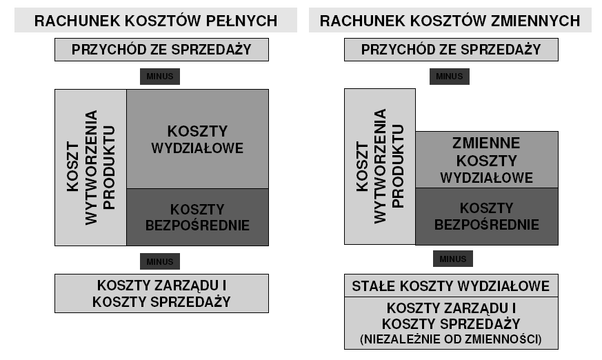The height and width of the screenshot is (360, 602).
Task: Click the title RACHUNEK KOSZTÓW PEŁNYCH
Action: pos(155,21)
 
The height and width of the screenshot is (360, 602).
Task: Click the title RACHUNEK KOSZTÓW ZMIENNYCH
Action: pos(450,21)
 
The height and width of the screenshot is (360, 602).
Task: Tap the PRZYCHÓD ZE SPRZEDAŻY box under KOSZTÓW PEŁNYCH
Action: pos(161,50)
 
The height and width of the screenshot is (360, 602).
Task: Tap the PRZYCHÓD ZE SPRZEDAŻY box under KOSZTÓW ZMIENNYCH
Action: pos(451,50)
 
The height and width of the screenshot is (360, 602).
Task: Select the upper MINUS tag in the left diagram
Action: pos(160,77)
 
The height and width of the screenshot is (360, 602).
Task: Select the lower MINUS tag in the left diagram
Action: pos(160,261)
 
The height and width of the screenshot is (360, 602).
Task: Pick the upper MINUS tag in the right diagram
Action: pos(449,77)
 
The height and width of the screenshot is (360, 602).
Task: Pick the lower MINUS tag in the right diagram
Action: pos(452,259)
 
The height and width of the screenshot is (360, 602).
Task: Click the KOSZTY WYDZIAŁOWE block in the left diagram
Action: pos(197,139)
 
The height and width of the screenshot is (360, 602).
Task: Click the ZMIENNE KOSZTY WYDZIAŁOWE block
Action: pos(487,160)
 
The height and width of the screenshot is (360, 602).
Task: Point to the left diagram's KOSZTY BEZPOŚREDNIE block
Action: pos(197,217)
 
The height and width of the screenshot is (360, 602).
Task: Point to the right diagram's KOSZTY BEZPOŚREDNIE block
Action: pos(487,216)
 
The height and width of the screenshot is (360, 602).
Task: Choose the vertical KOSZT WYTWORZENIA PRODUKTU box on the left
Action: pos(90,168)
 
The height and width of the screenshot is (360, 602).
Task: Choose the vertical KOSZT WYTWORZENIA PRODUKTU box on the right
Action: pos(380,166)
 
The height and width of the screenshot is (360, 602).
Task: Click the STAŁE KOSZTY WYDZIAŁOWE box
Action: pos(451,286)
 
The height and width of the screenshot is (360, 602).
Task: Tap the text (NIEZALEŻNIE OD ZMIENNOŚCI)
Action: pos(451,339)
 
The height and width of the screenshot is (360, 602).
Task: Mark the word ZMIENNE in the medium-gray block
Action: pos(486,143)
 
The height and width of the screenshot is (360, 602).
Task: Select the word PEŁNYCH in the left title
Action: pos(242,21)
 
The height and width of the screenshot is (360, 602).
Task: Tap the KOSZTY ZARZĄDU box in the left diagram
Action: pos(161,293)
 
